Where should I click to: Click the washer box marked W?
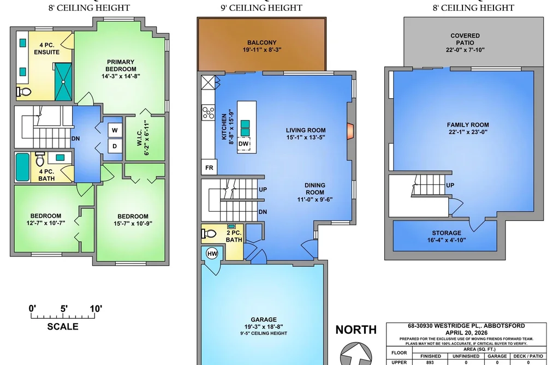click(115, 130)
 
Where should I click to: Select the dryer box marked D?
click(115, 146)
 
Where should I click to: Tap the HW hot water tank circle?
click(212, 253)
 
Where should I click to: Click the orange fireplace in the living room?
click(350, 131)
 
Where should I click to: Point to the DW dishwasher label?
click(243, 143)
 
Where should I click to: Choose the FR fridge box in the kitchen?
click(209, 167)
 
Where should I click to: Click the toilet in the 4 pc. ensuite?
click(23, 92)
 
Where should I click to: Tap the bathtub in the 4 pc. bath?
click(22, 167)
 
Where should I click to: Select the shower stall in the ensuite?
click(63, 82)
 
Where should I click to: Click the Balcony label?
click(261, 42)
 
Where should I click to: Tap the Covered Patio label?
click(465, 39)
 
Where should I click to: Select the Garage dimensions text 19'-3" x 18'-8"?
click(264, 327)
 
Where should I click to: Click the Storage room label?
click(447, 233)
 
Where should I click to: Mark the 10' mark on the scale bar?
click(95, 309)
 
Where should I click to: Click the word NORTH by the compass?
click(356, 330)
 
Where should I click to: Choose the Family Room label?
click(468, 125)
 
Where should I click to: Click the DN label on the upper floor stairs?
click(75, 139)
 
